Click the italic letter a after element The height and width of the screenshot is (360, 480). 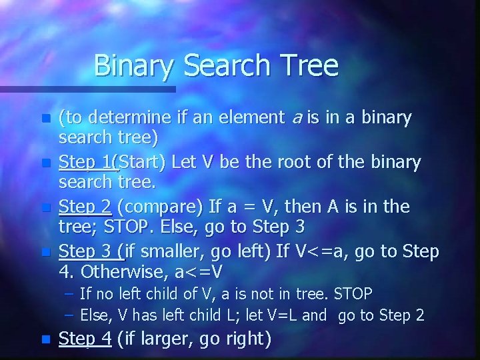click(x=297, y=119)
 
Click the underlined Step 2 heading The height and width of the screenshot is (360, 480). click(x=85, y=207)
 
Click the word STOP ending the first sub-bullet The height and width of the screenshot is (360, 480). click(x=353, y=293)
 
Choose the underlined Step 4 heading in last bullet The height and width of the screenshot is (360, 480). click(x=85, y=339)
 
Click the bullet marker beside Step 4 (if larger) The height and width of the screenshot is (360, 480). click(x=45, y=339)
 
